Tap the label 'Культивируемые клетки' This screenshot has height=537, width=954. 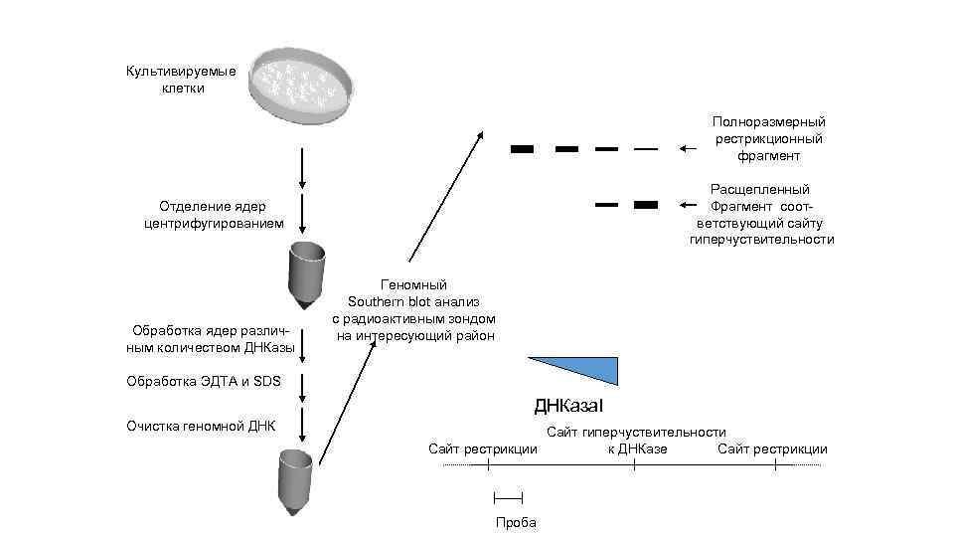tap(181, 80)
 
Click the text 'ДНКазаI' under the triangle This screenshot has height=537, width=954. tap(568, 407)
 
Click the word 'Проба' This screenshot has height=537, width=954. tap(516, 523)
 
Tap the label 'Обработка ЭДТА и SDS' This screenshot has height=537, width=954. tap(205, 381)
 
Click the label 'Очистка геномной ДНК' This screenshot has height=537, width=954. tap(201, 427)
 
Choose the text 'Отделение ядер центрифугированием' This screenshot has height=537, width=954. tap(214, 215)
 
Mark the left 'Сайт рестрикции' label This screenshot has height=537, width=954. tap(482, 448)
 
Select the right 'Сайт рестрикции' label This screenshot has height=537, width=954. tap(772, 448)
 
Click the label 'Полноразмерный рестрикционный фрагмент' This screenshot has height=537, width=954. tap(768, 138)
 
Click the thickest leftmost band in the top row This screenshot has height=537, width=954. tap(522, 149)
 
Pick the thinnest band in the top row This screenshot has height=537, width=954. tap(646, 149)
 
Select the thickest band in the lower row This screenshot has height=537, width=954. tap(646, 205)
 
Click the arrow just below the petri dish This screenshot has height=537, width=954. tap(302, 170)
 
